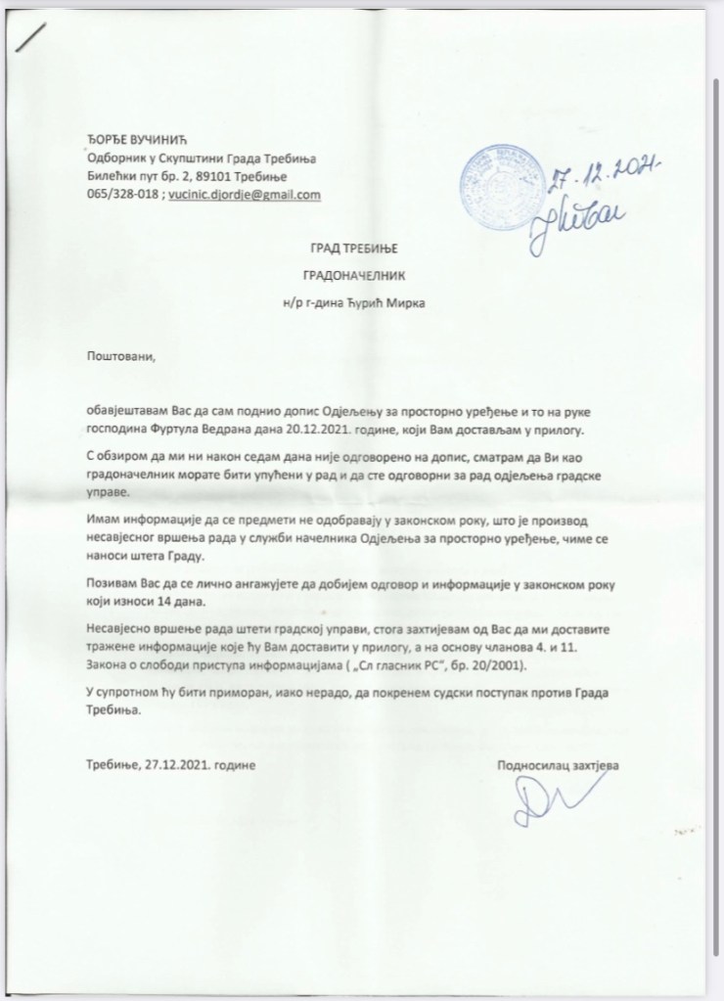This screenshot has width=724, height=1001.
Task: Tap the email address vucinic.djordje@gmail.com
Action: click(x=245, y=195)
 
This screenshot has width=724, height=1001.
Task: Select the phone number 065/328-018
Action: click(x=120, y=195)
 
